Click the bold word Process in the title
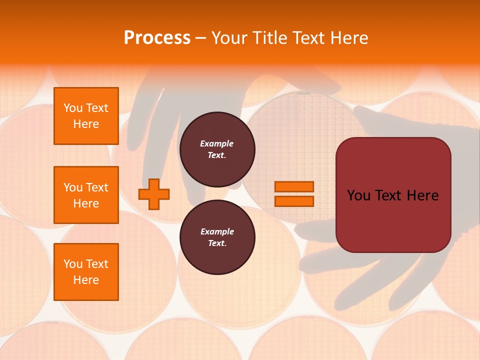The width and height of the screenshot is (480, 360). tap(157, 37)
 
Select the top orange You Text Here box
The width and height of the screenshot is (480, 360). tap(86, 116)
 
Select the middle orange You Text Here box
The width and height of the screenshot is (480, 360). tap(86, 195)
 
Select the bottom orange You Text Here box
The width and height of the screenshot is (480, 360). tap(86, 271)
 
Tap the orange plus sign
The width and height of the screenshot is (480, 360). tap(154, 194)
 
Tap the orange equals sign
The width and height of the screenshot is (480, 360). tap(294, 194)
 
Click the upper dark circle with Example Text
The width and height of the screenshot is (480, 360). tap(217, 149)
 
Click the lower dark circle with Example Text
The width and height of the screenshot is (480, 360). tap(217, 237)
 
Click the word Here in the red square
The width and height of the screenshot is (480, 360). tap(422, 195)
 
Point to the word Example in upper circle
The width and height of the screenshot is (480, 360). tap(217, 143)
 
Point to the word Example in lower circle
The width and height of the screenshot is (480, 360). tap(217, 231)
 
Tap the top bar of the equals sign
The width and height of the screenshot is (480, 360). tap(294, 187)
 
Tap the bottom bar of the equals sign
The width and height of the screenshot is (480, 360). tap(294, 201)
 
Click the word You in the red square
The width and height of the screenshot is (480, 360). tap(359, 195)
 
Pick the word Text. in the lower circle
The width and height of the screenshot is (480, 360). tap(217, 243)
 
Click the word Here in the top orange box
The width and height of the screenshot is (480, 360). tap(86, 124)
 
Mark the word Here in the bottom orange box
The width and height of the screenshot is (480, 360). tap(86, 280)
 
